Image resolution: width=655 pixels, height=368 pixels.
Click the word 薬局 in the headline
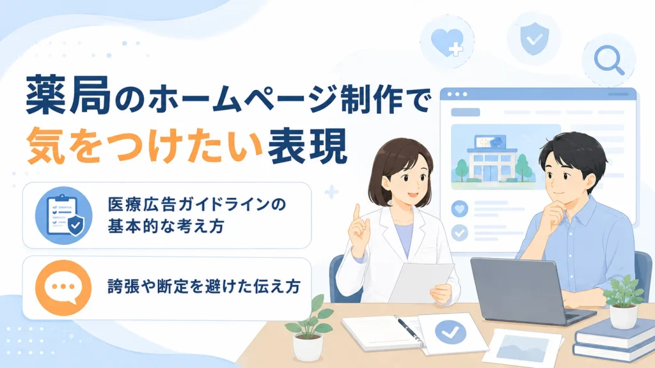tap(68, 95)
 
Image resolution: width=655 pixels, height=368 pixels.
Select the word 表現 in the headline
tap(308, 146)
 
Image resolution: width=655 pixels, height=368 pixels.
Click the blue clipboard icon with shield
tap(63, 215)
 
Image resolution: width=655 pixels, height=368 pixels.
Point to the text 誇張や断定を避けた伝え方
tap(204, 287)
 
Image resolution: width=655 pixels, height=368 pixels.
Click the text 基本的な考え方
tap(166, 226)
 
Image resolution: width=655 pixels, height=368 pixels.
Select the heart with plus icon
tap(446, 42)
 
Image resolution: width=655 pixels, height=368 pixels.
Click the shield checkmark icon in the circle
tap(534, 39)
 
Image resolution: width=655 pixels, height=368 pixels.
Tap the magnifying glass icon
tap(609, 59)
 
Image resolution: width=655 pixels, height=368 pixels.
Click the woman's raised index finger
tap(357, 213)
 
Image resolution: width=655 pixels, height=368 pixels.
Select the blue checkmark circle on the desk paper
tap(450, 332)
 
